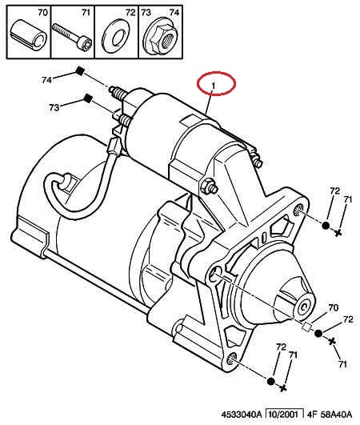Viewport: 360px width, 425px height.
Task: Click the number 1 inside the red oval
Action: [x=214, y=86]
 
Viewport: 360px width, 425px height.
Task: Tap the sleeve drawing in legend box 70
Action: [x=29, y=35]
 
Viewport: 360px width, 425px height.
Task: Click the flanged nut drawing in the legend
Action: [x=161, y=36]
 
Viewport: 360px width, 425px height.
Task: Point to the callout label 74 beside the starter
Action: [x=46, y=80]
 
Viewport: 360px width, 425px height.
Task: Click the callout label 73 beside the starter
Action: [x=54, y=107]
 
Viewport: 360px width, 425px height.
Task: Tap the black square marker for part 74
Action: [x=80, y=71]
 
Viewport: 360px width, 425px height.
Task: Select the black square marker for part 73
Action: [x=88, y=98]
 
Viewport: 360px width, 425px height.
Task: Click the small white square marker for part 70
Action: [x=306, y=327]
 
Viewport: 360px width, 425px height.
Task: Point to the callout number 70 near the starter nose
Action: [x=333, y=307]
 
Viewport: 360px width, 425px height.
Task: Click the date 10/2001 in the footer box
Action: [x=285, y=414]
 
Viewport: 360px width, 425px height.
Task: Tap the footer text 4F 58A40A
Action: [x=330, y=414]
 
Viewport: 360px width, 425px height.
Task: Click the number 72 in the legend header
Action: [x=130, y=12]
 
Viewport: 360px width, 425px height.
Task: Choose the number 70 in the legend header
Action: [x=42, y=12]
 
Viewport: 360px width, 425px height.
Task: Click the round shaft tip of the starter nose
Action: [x=304, y=307]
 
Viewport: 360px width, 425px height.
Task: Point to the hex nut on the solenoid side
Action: [x=206, y=185]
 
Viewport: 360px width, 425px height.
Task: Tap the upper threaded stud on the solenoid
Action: [x=117, y=92]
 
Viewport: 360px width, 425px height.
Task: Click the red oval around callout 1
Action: [x=216, y=73]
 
